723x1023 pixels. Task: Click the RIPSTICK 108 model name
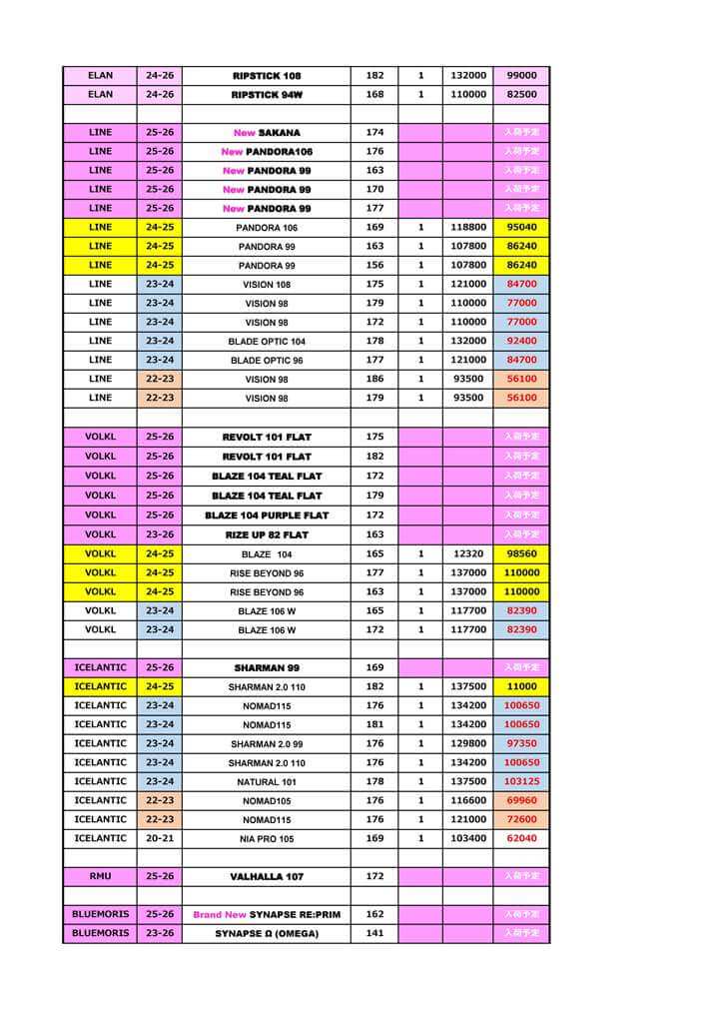[x=267, y=76]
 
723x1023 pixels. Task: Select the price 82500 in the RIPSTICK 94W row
[x=521, y=95]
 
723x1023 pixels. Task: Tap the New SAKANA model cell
[x=267, y=133]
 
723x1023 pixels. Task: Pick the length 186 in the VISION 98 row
[x=374, y=379]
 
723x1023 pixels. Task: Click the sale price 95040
[x=521, y=228]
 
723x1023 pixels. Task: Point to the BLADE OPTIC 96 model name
[x=267, y=361]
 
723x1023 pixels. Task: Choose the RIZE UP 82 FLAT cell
[x=267, y=535]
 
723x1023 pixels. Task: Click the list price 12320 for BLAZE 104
[x=467, y=553]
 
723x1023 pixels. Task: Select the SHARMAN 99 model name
[x=267, y=667]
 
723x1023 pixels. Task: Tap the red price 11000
[x=521, y=687]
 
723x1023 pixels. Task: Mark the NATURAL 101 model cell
[x=267, y=782]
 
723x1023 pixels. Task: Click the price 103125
[x=521, y=781]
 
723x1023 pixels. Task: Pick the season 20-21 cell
[x=160, y=838]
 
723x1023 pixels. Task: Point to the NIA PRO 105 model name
[x=267, y=839]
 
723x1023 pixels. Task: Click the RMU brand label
[x=100, y=876]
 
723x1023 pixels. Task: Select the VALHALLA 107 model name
[x=267, y=877]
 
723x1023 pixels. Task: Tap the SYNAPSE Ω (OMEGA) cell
[x=267, y=934]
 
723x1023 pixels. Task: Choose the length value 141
[x=374, y=933]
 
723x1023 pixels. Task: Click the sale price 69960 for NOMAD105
[x=521, y=800]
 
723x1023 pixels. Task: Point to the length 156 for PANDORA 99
[x=374, y=266]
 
